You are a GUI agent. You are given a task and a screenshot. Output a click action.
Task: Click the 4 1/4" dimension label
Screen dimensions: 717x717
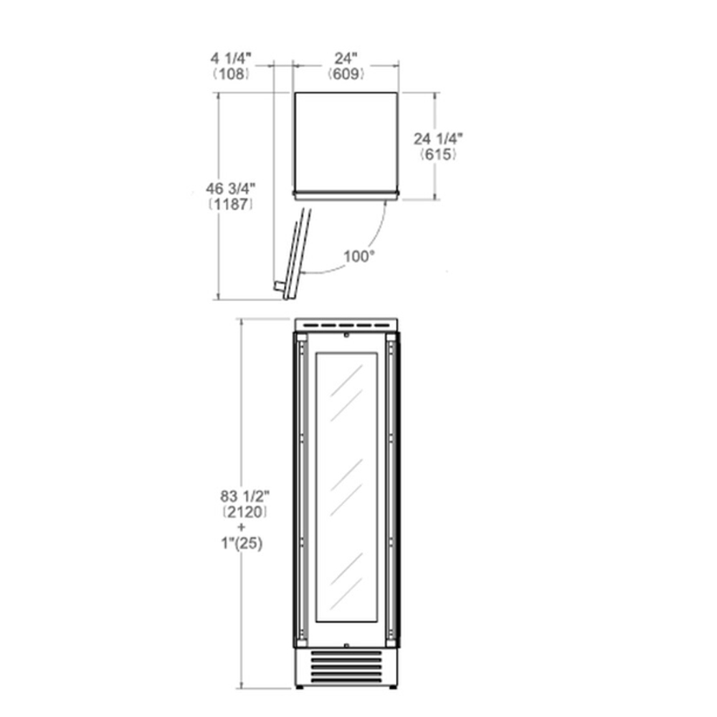(x=231, y=59)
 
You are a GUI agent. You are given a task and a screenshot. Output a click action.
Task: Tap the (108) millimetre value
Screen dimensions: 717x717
(x=232, y=74)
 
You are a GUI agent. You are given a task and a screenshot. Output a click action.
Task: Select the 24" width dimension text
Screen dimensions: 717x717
(x=346, y=59)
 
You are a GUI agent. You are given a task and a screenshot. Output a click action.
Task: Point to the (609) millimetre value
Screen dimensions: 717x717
(x=346, y=74)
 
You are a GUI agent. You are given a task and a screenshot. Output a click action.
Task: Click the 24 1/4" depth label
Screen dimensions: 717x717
(x=438, y=138)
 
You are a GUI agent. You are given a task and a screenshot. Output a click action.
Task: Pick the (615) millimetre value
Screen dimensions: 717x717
(x=438, y=154)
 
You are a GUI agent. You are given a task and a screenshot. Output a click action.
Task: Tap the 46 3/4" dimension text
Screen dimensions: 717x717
(x=230, y=189)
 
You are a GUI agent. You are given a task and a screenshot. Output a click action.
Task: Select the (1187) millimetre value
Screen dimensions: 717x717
(x=230, y=204)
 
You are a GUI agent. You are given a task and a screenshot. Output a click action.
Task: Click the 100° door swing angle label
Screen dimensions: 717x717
(x=359, y=257)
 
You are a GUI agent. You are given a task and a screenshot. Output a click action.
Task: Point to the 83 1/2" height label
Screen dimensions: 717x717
(x=245, y=495)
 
